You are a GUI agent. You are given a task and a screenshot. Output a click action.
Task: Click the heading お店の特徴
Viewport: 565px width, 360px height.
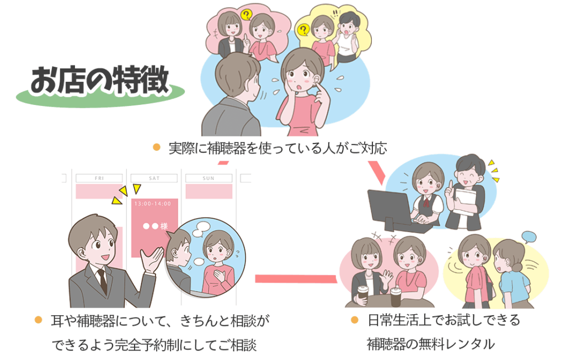tap(100, 80)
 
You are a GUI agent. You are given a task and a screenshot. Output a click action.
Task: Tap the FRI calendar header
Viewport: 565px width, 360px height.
tap(99, 178)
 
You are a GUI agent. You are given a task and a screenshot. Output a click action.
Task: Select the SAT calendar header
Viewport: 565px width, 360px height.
tap(154, 178)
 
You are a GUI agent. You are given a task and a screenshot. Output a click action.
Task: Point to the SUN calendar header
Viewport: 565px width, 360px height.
tap(209, 178)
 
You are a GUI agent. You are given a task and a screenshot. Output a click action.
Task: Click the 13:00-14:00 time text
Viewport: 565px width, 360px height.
tap(152, 204)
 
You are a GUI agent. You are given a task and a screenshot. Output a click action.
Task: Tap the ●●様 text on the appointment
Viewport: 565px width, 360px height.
tap(155, 226)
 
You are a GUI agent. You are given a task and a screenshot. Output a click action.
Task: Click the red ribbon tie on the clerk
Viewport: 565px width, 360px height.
tap(427, 202)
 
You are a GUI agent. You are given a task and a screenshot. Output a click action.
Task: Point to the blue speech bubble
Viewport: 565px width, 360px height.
tap(529, 237)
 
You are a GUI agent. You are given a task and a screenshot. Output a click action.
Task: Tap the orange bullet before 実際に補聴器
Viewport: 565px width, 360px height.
tap(156, 147)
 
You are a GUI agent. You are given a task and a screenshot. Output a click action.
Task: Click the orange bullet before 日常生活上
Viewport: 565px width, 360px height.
tap(355, 320)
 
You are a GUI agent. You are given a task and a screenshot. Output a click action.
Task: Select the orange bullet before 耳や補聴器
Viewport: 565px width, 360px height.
tap(38, 320)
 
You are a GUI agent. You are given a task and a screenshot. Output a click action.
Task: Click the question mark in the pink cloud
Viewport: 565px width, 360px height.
tap(246, 15)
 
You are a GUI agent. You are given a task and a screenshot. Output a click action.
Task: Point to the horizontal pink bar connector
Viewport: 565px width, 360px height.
tap(296, 278)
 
